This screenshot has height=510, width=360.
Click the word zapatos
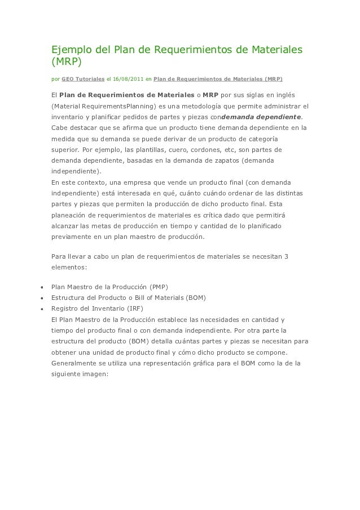coord(222,161)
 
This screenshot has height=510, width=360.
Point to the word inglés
coord(283,94)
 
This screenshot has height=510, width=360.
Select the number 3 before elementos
coord(286,257)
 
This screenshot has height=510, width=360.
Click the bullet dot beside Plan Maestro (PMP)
coord(41,287)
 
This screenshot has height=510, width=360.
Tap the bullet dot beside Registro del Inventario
coord(41,309)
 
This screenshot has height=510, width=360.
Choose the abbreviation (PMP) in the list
coord(159,286)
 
